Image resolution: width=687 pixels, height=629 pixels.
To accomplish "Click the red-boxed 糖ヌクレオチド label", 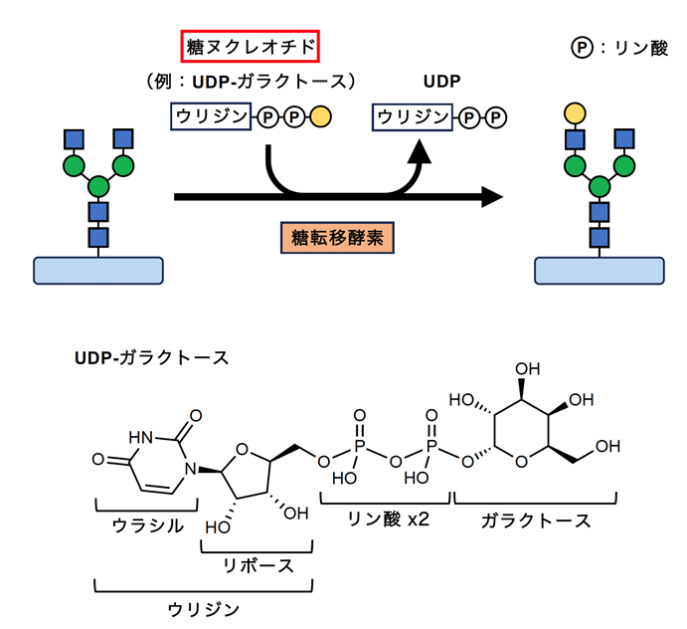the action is (x=251, y=46).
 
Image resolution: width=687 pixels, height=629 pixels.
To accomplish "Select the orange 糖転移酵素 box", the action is (x=337, y=238).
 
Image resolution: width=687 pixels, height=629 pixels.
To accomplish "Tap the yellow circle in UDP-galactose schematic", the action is (x=321, y=117).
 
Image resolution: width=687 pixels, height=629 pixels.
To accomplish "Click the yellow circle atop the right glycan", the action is (x=575, y=112).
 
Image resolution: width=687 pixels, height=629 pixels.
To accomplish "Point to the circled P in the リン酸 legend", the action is (x=582, y=47).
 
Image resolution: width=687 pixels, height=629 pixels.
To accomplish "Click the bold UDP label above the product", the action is (x=441, y=82).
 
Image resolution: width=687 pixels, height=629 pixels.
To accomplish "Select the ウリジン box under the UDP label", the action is (x=413, y=117).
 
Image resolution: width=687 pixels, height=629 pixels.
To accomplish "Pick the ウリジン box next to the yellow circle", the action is (x=211, y=116).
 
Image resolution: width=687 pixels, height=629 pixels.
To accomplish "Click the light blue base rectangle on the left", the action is (x=98, y=271).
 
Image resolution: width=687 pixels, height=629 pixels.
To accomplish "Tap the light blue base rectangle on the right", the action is (x=600, y=271).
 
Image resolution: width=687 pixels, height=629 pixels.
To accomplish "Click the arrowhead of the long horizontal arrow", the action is (x=492, y=197).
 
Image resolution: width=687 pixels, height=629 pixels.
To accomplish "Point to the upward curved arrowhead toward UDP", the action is (x=420, y=151).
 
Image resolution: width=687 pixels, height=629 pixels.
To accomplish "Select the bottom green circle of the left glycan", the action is (x=98, y=186).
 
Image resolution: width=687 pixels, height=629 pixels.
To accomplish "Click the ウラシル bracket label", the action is (x=148, y=525).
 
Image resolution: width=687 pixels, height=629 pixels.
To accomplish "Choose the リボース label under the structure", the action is (x=258, y=566).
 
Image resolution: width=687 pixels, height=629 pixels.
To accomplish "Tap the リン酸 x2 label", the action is (x=388, y=520).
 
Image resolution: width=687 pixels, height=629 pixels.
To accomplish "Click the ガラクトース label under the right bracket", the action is (x=536, y=522).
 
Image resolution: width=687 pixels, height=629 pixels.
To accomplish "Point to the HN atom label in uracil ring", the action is (x=141, y=437).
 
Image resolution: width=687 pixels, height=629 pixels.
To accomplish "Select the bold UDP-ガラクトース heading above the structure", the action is (x=151, y=358).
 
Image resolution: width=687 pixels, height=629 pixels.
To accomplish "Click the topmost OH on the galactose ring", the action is (x=528, y=369).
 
